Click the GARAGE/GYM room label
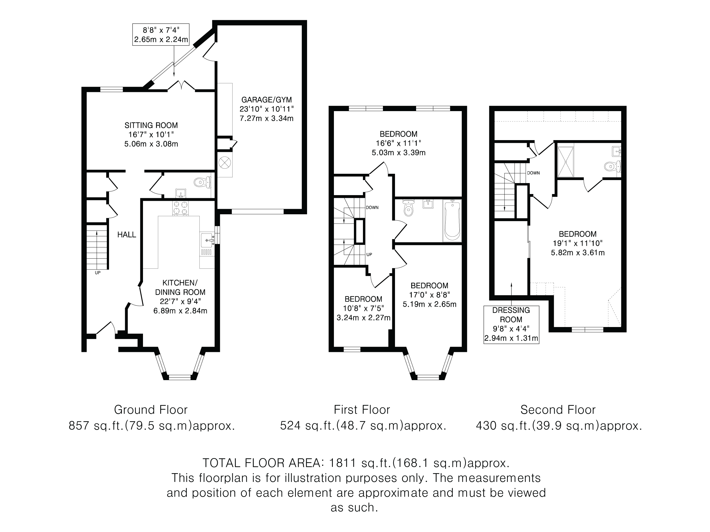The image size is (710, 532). [x=267, y=100]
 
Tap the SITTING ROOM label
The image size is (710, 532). [x=151, y=125]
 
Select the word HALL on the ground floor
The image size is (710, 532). [x=127, y=235]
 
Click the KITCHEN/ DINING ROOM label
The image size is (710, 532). [x=180, y=287]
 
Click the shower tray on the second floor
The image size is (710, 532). [x=566, y=162]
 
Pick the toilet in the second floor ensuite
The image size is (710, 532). [x=611, y=166]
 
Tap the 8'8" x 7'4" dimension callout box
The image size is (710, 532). [x=161, y=35]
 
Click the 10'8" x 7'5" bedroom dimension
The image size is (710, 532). [x=363, y=308]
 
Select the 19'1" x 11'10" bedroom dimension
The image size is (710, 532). [x=577, y=243]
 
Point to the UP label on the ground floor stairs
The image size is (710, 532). [x=98, y=273]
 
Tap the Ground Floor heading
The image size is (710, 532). [x=151, y=410]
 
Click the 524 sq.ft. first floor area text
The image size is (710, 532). [x=363, y=426]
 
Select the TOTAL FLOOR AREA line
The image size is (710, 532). [x=356, y=463]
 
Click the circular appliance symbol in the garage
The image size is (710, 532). [x=224, y=163]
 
